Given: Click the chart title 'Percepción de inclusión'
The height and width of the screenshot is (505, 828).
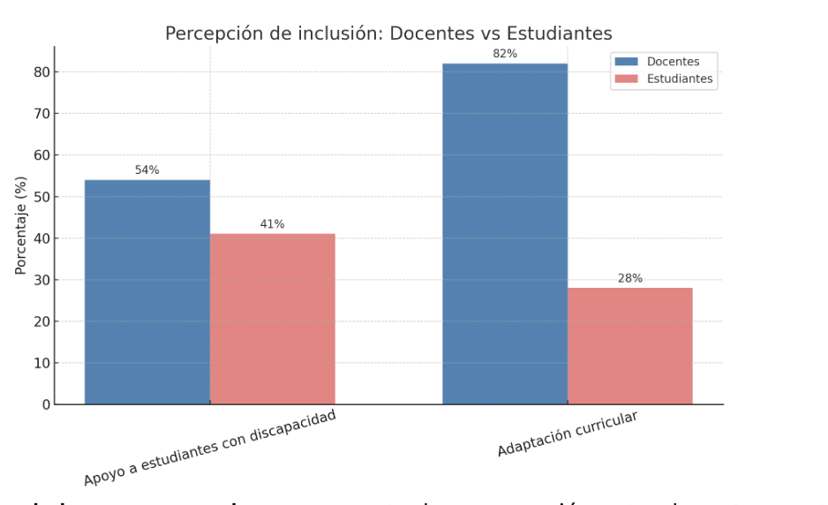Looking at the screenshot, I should [388, 34].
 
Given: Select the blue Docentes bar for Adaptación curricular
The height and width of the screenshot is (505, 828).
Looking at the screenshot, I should [505, 234].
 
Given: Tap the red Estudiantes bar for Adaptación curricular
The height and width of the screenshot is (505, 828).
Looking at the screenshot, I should [629, 346].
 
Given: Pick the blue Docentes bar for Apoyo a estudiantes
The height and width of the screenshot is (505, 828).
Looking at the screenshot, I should [147, 292].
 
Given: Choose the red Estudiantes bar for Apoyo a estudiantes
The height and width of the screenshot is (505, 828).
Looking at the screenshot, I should [272, 319].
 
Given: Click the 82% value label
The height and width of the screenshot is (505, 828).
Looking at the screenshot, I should [505, 54].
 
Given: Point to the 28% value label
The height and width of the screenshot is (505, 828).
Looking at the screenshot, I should [629, 278].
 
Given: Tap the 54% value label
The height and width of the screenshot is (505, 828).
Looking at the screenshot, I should [147, 170].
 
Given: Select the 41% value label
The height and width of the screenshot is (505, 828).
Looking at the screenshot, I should [272, 224].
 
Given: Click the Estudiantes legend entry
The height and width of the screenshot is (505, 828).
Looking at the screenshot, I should [679, 79].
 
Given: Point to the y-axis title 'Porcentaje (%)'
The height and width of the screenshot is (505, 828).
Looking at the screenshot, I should [21, 225].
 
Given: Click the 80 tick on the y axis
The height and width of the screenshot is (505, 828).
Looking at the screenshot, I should [41, 72].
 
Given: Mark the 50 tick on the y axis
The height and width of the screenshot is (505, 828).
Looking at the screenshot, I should [41, 197].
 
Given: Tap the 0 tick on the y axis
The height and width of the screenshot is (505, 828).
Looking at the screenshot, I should [46, 404].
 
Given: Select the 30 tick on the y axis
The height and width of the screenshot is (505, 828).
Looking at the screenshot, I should [41, 280].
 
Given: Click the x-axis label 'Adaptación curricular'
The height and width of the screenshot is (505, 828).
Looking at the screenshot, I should [568, 433].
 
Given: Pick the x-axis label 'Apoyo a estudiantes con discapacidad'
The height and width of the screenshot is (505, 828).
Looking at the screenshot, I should [210, 448].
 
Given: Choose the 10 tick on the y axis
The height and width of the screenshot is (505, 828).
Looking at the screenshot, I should [41, 363].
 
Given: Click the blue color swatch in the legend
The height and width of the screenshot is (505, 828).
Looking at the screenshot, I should [626, 62].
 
